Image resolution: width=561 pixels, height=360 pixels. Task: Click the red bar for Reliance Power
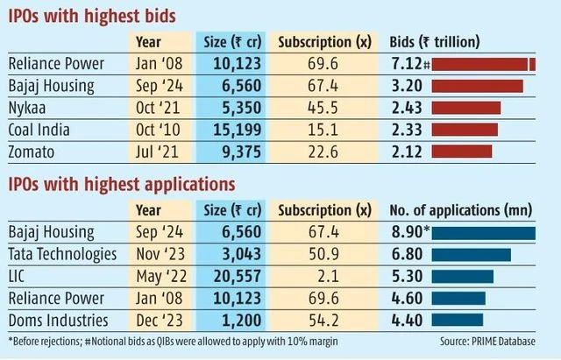click(484, 65)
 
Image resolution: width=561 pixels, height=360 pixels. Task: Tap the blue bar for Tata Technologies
click(471, 254)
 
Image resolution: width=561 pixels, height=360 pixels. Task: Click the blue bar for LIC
click(462, 276)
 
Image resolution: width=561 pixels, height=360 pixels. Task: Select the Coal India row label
click(39, 130)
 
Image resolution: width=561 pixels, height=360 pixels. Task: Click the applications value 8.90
click(406, 232)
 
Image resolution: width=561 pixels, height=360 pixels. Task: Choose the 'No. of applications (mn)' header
click(461, 209)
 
